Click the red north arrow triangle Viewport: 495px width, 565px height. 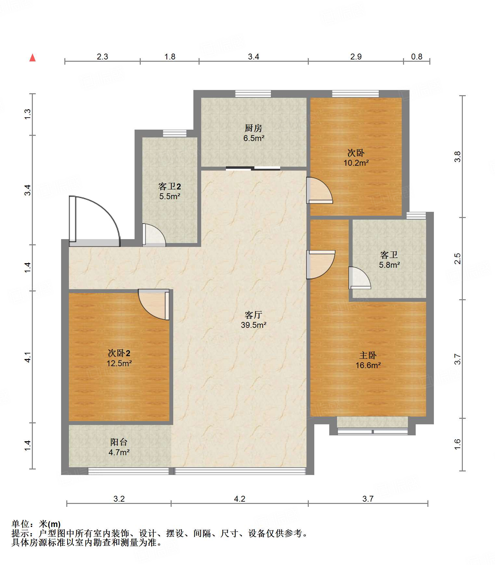[33, 58]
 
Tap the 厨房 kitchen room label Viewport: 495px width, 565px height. [254, 128]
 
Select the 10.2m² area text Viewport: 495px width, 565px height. [356, 163]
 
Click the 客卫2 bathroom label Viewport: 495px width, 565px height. [169, 186]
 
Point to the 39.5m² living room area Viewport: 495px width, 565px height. [254, 325]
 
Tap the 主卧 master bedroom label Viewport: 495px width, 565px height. [368, 355]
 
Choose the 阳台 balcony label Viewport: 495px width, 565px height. [119, 442]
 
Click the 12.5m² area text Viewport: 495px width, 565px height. [119, 363]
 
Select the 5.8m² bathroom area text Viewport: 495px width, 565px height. [389, 265]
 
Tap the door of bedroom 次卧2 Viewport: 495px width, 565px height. [154, 304]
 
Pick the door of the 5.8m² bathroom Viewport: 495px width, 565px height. [359, 278]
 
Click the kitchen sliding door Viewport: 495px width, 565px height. [253, 168]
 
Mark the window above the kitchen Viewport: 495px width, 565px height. [253, 94]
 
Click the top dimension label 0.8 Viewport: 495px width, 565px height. [417, 57]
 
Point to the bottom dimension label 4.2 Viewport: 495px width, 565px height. [240, 499]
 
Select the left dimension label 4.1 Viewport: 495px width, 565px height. [28, 357]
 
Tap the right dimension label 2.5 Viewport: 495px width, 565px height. [457, 259]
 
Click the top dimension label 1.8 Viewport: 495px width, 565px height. [170, 57]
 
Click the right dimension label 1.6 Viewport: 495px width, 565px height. [457, 444]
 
